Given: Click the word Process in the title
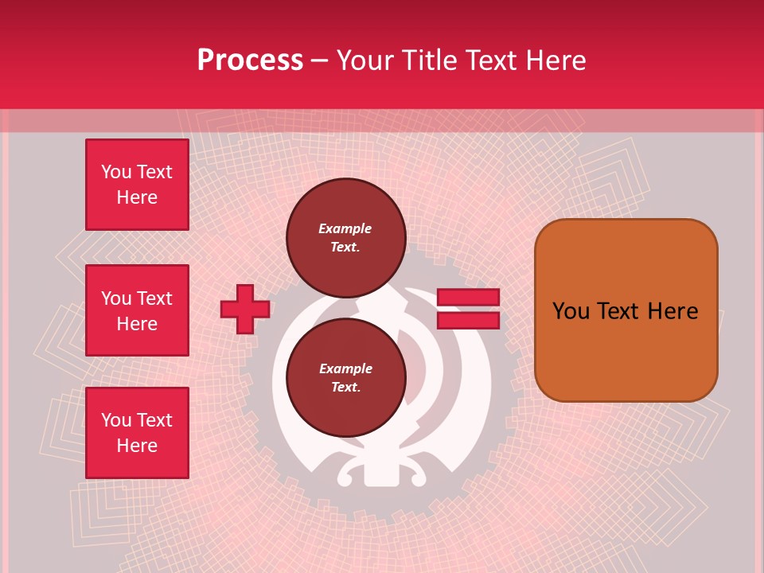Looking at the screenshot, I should pyautogui.click(x=250, y=60).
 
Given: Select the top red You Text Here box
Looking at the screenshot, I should pyautogui.click(x=137, y=185).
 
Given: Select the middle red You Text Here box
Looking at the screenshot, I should pyautogui.click(x=137, y=310).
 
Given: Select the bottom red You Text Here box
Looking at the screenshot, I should pyautogui.click(x=137, y=433).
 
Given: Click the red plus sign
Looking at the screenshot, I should pyautogui.click(x=245, y=309).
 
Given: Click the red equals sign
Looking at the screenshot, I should pyautogui.click(x=468, y=309).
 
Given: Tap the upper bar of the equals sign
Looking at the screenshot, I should pyautogui.click(x=468, y=298).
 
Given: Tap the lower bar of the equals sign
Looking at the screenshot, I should pyautogui.click(x=468, y=320).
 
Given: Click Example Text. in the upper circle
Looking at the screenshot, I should pyautogui.click(x=345, y=237).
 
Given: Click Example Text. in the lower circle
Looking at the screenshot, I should pyautogui.click(x=345, y=377).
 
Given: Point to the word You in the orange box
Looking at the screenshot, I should pyautogui.click(x=571, y=310).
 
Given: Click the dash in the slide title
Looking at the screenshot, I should pyautogui.click(x=320, y=60).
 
